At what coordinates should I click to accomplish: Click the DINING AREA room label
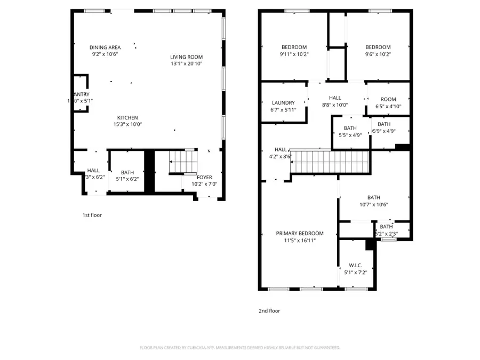tap(105, 47)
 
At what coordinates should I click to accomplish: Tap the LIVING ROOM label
tap(186, 57)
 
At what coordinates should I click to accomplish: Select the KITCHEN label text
tap(128, 118)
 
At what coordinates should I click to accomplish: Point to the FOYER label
tap(204, 178)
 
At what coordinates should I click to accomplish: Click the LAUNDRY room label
tap(283, 103)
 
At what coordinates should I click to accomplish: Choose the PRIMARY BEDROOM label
tap(299, 233)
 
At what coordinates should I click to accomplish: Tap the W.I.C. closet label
tap(356, 266)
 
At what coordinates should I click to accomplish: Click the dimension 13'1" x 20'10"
tap(186, 64)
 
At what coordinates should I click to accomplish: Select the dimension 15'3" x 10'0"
tap(128, 124)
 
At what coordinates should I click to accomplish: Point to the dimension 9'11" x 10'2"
tap(294, 54)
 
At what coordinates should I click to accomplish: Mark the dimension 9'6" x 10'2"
tap(378, 54)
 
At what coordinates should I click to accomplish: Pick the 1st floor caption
tap(92, 215)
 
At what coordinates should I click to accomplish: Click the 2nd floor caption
tap(269, 311)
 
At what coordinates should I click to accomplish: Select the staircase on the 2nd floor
tap(330, 161)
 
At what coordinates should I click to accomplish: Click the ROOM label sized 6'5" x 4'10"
tap(388, 99)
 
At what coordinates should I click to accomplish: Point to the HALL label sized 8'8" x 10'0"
tap(335, 98)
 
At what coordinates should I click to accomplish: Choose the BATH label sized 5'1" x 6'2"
tap(127, 172)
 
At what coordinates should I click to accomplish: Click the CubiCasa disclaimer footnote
tap(239, 348)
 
